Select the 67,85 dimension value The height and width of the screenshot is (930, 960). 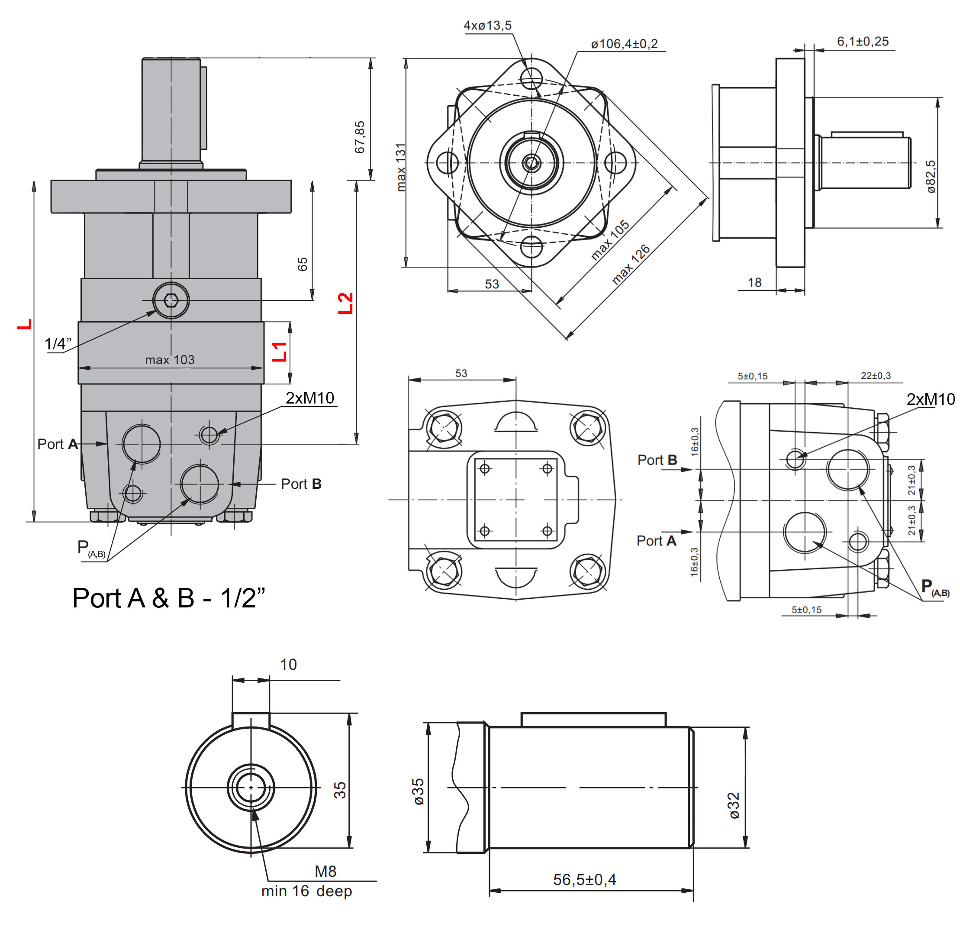(360, 137)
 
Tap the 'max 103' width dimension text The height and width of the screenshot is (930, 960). (170, 360)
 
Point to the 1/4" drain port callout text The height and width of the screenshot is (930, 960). (58, 343)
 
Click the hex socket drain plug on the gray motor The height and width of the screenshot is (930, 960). (171, 300)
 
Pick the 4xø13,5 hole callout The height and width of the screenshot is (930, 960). (487, 26)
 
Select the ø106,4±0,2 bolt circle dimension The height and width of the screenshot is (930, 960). (624, 44)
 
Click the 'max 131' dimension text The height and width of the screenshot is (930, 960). (401, 167)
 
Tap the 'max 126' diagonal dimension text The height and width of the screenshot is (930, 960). (631, 264)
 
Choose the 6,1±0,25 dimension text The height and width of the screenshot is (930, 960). (863, 42)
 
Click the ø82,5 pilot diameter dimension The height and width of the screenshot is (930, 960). (931, 176)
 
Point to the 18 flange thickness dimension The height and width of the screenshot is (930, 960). (754, 282)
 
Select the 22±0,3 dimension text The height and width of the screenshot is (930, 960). (875, 376)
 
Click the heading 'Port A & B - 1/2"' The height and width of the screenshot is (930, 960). (168, 598)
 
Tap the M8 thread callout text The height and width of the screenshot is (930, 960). (325, 871)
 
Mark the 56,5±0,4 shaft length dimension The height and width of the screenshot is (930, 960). (584, 879)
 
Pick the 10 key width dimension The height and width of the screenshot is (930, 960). (289, 665)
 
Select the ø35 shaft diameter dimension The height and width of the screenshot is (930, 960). (419, 791)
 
